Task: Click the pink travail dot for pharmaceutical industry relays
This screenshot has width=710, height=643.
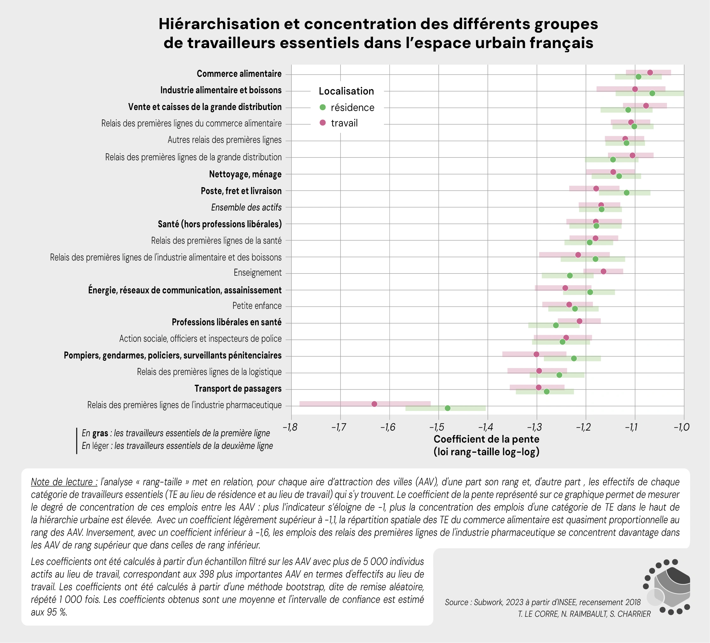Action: coord(374,404)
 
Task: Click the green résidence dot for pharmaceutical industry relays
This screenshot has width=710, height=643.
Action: coord(448,408)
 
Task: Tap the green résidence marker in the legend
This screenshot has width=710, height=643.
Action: coord(322,107)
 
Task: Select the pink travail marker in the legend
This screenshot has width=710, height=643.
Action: coord(322,123)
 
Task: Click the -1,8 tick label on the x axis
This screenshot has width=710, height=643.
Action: coord(290,428)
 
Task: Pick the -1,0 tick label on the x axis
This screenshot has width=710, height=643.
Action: coord(682,428)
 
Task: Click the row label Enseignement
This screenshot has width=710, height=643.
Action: coord(257,273)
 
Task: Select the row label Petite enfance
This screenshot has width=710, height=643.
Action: coord(257,306)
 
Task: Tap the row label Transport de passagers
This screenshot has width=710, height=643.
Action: coord(238,389)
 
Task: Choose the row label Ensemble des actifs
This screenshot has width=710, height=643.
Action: coord(246,207)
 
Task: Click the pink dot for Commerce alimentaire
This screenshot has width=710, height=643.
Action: coord(650,73)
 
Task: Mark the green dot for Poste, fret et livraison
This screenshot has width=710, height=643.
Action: coord(627,193)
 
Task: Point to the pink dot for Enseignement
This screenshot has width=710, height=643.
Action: coord(604,272)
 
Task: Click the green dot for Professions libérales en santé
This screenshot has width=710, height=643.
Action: coord(556,325)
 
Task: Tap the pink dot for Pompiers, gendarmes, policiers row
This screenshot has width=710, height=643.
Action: coord(536,354)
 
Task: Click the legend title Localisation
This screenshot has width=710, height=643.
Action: coord(346,91)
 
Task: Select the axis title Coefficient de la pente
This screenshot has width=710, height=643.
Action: coord(486,439)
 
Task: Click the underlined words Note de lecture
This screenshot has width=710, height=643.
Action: coord(64,482)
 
